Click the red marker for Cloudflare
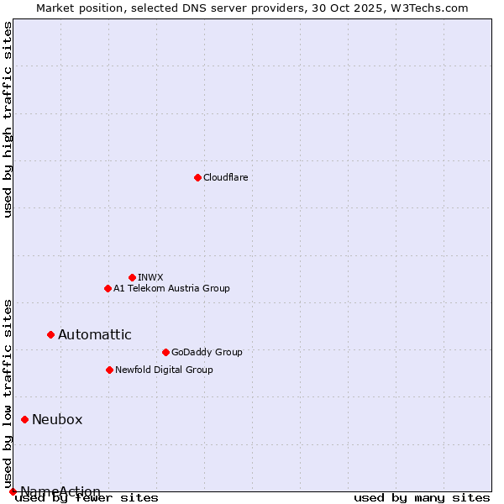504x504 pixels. click(197, 177)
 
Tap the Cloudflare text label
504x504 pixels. click(226, 177)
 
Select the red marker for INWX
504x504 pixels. click(132, 277)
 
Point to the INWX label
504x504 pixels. click(150, 277)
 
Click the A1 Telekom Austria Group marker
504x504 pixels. click(108, 288)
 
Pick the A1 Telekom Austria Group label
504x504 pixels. click(171, 288)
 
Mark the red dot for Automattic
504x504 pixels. click(50, 334)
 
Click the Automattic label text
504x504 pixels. click(94, 334)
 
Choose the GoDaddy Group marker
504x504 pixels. click(165, 352)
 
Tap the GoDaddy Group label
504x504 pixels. click(207, 352)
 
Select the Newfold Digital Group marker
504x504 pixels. click(109, 370)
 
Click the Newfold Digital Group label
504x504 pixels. click(164, 370)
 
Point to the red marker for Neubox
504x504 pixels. click(24, 419)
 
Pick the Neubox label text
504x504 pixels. click(57, 419)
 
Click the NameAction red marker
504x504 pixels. click(13, 491)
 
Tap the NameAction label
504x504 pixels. click(60, 491)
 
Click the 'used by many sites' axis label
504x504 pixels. click(422, 498)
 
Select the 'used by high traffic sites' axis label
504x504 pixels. click(8, 119)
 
